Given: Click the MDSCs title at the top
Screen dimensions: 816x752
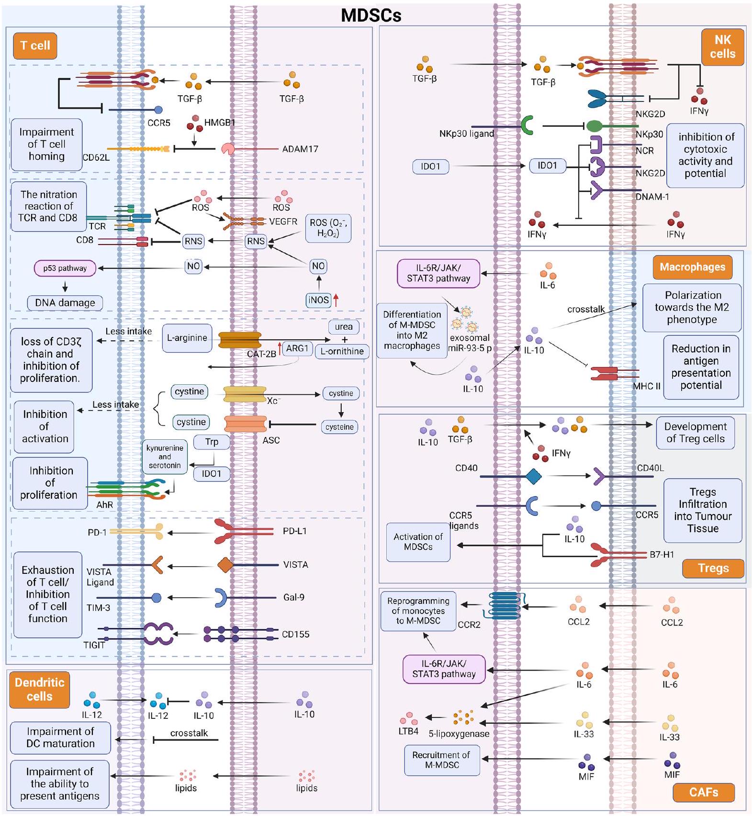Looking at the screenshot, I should click(x=371, y=15).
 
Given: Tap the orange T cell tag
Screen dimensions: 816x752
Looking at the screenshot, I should click(x=35, y=46).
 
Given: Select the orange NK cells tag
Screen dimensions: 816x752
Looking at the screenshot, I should click(x=722, y=47).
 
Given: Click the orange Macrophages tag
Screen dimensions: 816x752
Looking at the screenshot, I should click(x=692, y=267).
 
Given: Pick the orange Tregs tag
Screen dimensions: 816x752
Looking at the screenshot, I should click(x=713, y=568).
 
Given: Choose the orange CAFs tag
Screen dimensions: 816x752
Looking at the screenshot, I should click(x=703, y=793).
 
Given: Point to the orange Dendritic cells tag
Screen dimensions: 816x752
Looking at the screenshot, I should click(x=39, y=689).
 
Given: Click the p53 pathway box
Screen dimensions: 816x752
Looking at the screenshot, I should click(x=65, y=268).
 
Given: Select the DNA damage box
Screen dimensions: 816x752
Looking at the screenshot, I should click(x=65, y=302).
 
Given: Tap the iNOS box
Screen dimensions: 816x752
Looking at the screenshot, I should click(x=318, y=300).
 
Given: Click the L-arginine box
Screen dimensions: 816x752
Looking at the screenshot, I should click(x=187, y=338).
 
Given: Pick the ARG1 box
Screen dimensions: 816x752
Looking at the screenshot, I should click(x=297, y=348).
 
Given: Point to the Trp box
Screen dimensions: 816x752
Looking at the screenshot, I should click(x=212, y=442).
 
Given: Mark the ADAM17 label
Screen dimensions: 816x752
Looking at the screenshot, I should click(x=300, y=149).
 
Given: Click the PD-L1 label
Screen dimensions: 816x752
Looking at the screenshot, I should click(x=295, y=531).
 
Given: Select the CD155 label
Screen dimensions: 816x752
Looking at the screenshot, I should click(x=295, y=634).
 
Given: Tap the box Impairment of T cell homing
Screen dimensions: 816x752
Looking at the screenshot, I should click(x=46, y=144).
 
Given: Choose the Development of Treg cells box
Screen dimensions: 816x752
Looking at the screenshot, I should click(x=696, y=433).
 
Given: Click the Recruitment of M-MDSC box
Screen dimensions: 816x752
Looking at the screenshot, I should click(x=442, y=760).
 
